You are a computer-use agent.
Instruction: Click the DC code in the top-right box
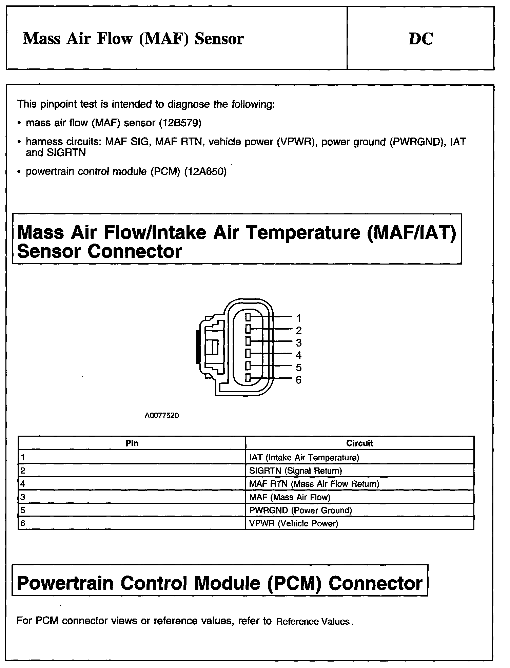421,39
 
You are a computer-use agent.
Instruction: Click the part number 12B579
180,123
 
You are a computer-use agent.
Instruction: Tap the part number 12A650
205,172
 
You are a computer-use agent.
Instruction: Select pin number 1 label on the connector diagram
298,318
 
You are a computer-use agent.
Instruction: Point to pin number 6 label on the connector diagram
298,380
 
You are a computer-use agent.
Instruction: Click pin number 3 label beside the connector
298,343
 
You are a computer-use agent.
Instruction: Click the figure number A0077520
162,416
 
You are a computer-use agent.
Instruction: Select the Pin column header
132,443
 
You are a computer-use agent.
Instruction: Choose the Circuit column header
359,443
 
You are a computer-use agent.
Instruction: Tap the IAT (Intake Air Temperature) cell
304,458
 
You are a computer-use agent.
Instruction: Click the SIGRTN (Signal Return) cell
295,471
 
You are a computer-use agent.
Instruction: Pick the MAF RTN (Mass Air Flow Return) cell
314,484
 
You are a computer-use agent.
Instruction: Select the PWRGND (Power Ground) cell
300,510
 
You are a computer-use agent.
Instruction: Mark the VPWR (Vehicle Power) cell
294,523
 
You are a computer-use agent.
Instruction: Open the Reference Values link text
313,622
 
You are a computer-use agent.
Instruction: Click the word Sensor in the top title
219,39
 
